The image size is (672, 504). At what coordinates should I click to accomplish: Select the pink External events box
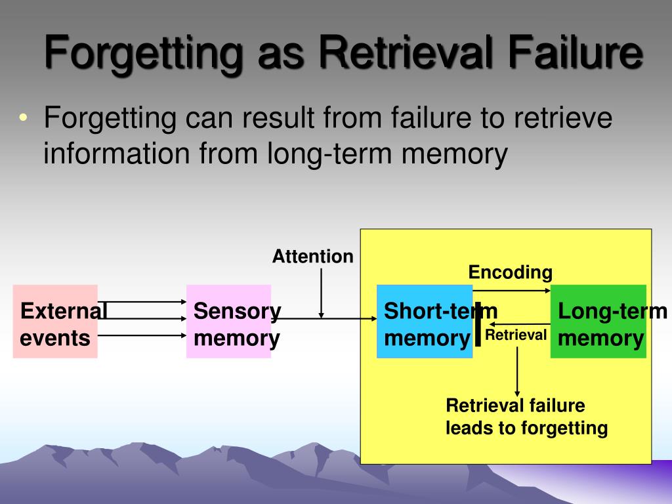[55, 322]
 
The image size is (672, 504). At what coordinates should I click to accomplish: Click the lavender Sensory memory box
[228, 322]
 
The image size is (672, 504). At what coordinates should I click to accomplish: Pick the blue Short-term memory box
[424, 322]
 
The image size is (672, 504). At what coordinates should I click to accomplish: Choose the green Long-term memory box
[598, 322]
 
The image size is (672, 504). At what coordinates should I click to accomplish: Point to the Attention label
[312, 257]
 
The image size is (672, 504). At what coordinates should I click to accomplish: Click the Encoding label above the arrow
[510, 272]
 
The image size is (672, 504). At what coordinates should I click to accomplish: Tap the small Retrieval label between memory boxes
[516, 336]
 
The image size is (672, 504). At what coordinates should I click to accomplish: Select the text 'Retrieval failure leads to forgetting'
[526, 417]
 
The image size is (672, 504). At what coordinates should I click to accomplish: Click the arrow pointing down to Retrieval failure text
[517, 371]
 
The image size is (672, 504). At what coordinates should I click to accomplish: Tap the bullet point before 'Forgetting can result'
[24, 119]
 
